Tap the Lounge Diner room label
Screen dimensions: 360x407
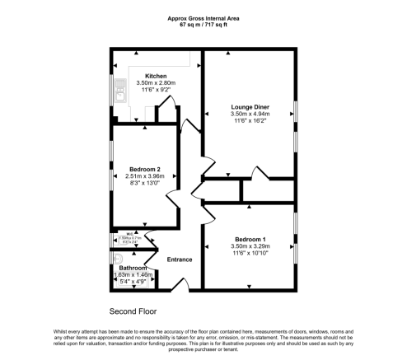click(249, 106)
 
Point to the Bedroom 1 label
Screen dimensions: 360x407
click(249, 237)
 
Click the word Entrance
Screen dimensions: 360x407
click(180, 259)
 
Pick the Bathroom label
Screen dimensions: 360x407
click(133, 269)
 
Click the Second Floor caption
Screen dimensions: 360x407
click(133, 311)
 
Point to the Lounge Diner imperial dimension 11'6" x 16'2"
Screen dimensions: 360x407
click(249, 122)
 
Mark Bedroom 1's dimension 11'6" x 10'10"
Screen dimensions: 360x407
click(249, 253)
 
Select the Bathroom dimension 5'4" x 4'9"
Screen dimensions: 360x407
click(133, 283)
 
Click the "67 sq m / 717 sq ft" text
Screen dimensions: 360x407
click(203, 25)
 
